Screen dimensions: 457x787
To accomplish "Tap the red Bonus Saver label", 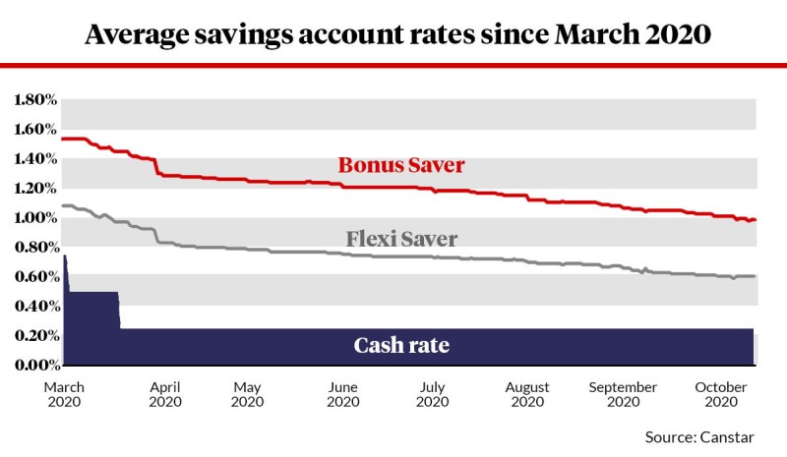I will (x=401, y=164).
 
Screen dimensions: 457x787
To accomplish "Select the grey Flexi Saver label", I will (x=402, y=238).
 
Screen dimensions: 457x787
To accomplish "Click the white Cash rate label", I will (x=401, y=345).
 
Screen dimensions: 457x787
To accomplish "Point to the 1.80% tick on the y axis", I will (x=33, y=99).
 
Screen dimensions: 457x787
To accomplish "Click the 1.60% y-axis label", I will (x=33, y=129).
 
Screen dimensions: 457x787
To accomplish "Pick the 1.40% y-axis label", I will (x=33, y=158).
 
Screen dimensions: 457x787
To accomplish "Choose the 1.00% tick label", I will (x=33, y=217).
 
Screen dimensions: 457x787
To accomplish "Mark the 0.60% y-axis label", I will (x=33, y=276).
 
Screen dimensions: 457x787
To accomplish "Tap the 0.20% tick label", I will (x=33, y=335).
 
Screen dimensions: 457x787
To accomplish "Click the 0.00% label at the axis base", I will (x=33, y=365).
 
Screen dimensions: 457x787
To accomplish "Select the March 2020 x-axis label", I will (x=66, y=394).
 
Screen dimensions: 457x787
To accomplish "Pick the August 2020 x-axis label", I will (x=527, y=394).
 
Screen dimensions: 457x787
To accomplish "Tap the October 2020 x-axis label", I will (x=722, y=394).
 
